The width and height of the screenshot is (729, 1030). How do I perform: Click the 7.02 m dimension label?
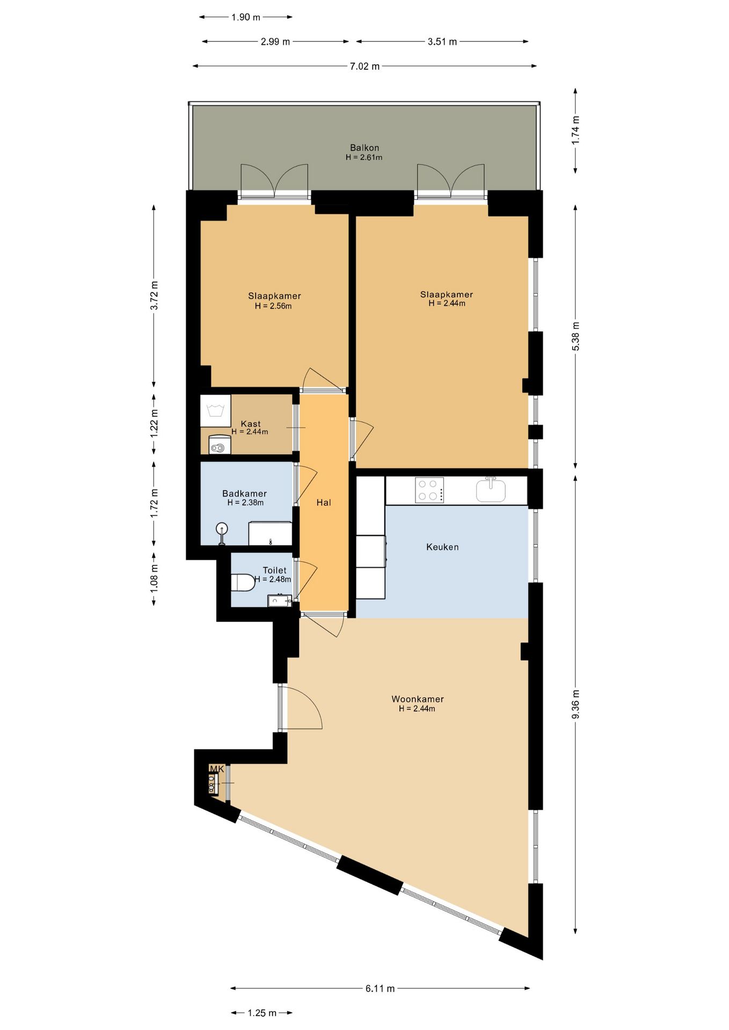364,67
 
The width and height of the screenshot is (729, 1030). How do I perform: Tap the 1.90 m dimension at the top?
246,18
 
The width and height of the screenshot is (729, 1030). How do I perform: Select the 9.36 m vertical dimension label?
575,704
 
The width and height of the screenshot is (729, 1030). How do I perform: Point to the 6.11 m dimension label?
380,988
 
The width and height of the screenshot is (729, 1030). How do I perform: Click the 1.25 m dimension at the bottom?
262,1013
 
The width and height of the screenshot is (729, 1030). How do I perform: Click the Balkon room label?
364,148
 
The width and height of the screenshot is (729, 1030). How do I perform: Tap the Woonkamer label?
417,699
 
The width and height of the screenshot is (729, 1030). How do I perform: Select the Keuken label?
442,547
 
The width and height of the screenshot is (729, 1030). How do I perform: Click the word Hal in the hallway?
324,503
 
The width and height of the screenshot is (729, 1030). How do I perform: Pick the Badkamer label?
244,494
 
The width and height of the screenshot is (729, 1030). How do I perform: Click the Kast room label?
250,424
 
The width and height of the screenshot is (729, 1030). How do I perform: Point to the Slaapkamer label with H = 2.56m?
274,296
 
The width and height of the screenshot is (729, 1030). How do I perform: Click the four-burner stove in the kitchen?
429,490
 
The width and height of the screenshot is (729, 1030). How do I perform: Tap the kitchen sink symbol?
491,490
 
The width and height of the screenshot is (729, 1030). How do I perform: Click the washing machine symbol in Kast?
215,411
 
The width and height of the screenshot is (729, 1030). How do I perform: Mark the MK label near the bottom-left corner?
216,769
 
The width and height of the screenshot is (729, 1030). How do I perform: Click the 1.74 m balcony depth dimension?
575,130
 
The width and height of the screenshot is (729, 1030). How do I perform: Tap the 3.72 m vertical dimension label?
154,296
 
